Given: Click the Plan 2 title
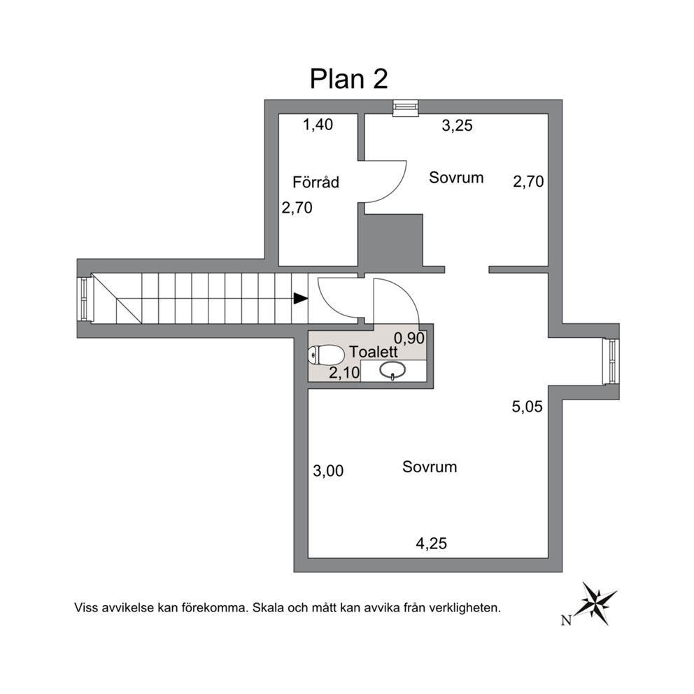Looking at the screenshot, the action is tap(349, 79).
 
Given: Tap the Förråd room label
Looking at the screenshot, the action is tap(316, 182).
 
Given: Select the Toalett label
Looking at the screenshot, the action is tap(374, 352).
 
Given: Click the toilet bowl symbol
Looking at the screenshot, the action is tap(327, 355).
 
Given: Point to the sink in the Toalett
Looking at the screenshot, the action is tap(392, 371).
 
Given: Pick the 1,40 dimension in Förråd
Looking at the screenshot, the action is tap(318, 125).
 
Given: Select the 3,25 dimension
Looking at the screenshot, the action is tap(458, 126).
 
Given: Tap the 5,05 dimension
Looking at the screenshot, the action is tap(527, 406).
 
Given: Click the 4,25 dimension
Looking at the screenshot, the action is tap(432, 543).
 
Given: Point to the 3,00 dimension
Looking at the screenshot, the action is tap(328, 471).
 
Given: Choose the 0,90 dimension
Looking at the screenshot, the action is tap(409, 339).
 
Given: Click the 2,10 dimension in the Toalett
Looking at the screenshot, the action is tap(344, 373).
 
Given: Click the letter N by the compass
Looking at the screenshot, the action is tap(566, 621).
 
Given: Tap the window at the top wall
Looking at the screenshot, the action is tap(406, 108).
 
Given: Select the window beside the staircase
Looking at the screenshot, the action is tap(84, 298).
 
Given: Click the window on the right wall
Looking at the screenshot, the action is tap(611, 362).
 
